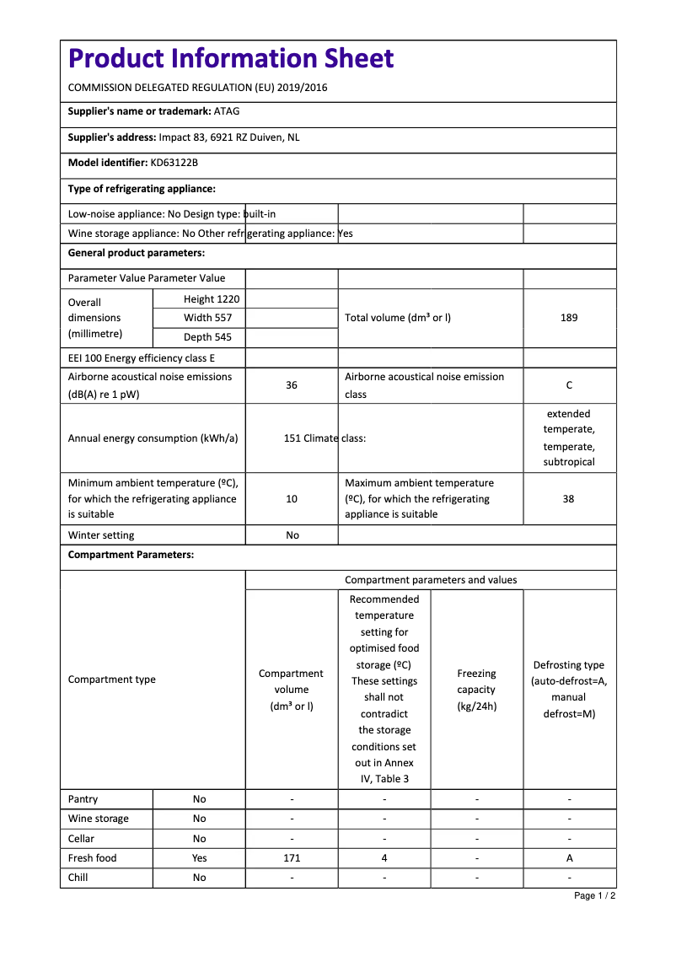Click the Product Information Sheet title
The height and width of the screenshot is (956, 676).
[x=230, y=58]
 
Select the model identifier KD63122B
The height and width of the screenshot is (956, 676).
[x=174, y=163]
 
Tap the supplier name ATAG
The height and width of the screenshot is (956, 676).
[x=227, y=110]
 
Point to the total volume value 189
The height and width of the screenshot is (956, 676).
[x=569, y=318]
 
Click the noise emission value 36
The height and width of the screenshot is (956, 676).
[x=292, y=385]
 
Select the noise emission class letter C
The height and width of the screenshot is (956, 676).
[x=569, y=385]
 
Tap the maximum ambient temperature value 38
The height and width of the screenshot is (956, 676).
[x=569, y=499]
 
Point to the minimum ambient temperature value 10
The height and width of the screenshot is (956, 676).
[x=292, y=499]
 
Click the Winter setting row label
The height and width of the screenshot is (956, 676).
[x=101, y=535]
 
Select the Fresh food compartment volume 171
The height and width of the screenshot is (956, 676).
[x=292, y=858]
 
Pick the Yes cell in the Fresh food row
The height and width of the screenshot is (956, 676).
[x=199, y=858]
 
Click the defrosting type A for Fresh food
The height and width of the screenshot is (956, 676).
[x=569, y=858]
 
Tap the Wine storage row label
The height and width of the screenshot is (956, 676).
[x=99, y=819]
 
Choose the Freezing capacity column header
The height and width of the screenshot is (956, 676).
[x=476, y=690]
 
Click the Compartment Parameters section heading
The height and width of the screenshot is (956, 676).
[x=131, y=555]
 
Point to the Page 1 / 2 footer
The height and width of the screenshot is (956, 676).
[x=594, y=895]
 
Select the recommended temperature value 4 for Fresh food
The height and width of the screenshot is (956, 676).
[x=384, y=858]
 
